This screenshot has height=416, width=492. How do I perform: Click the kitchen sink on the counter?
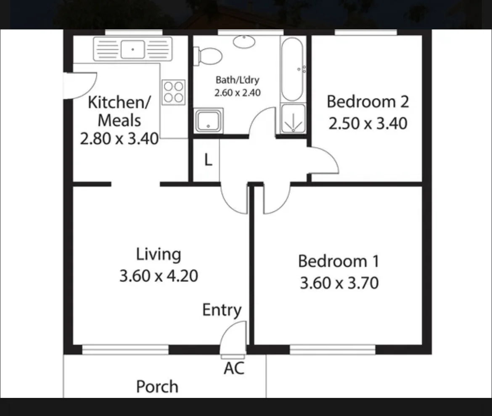132,49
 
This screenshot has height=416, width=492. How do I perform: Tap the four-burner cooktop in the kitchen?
174,92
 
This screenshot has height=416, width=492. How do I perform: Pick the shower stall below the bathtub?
293,119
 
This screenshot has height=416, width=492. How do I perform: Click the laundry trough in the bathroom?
209,121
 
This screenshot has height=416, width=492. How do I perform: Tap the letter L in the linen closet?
208,160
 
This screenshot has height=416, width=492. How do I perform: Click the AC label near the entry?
234,368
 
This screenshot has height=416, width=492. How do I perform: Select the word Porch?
157,387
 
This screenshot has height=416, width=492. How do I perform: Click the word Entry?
222,310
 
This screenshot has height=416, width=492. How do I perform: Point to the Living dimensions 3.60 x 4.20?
159,276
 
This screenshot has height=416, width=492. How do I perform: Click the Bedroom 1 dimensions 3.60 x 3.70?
339,283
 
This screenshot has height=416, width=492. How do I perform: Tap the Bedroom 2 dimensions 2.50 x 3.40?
368,124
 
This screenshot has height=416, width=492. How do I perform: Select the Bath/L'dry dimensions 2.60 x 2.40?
237,93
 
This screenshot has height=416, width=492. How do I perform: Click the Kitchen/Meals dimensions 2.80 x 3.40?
119,138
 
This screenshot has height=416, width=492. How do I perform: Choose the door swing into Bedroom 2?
324,160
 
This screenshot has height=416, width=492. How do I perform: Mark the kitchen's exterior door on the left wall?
80,85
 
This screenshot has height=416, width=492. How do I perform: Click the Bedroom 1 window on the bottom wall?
332,350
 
